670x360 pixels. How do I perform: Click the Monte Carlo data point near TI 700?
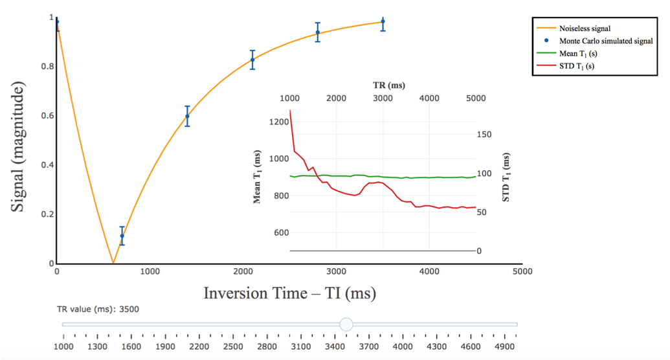(x=122, y=236)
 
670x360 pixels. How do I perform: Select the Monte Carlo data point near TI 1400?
(x=187, y=117)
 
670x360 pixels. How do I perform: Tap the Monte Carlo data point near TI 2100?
(x=252, y=60)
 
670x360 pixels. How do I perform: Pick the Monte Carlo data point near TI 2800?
(x=317, y=32)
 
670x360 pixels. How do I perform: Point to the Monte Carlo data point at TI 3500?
(x=383, y=22)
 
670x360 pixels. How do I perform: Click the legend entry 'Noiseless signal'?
(x=585, y=28)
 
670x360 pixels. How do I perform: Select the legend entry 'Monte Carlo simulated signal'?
(x=605, y=41)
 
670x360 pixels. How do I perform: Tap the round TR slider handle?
(x=346, y=324)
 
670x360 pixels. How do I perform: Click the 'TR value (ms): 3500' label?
(x=98, y=309)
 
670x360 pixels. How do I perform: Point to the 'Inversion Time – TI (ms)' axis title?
(x=289, y=293)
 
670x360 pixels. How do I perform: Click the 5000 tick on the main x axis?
(x=522, y=271)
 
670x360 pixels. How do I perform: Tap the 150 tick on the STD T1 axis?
(x=484, y=134)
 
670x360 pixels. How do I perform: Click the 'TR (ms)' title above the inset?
(x=388, y=85)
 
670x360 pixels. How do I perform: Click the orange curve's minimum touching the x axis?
(x=113, y=263)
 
